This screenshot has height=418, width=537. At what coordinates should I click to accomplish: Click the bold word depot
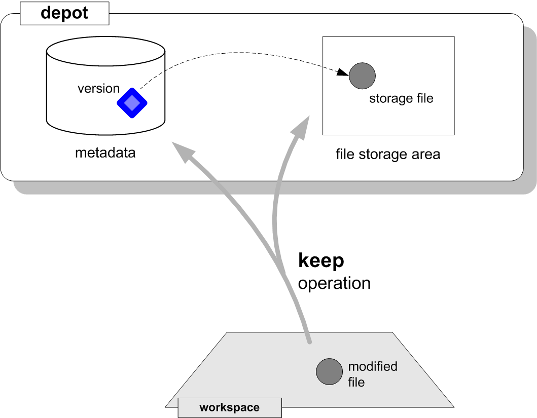tap(64, 13)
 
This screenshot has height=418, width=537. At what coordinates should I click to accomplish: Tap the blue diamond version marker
tap(132, 103)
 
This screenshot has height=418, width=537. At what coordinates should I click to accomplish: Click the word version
tap(98, 89)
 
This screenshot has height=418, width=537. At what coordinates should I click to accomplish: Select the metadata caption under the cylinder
tap(105, 153)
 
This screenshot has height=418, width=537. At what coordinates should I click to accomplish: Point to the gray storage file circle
tap(362, 76)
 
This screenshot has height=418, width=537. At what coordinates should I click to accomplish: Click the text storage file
tap(401, 98)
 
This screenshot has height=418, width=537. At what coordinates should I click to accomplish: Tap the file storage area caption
tap(388, 154)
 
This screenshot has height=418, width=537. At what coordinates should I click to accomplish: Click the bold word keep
tap(321, 260)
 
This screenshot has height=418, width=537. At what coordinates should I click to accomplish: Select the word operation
tap(334, 283)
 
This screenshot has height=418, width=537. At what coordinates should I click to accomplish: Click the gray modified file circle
tap(329, 371)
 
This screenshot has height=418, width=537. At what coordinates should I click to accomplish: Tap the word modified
tap(373, 366)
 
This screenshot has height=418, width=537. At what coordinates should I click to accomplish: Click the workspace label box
tap(230, 407)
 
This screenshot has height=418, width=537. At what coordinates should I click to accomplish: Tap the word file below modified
tap(356, 382)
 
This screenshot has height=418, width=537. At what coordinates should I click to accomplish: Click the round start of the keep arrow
tap(308, 343)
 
